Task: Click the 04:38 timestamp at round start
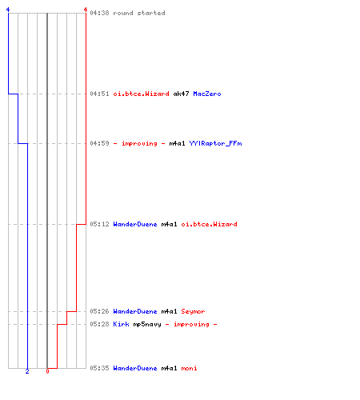99,13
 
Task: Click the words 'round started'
139,13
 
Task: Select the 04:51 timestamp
99,94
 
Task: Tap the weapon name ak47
181,94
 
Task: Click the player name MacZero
207,94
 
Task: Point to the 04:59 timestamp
99,143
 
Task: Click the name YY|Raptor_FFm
215,143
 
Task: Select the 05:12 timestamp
99,224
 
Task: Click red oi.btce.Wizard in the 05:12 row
209,224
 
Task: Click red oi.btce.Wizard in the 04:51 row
141,94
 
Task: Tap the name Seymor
193,311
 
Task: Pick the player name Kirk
121,324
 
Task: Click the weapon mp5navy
147,324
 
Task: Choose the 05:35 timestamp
99,368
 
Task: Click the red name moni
189,368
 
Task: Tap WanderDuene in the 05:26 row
135,311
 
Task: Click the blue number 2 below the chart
27,371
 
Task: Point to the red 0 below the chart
47,371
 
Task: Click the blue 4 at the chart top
8,10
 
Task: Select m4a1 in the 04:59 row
177,143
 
